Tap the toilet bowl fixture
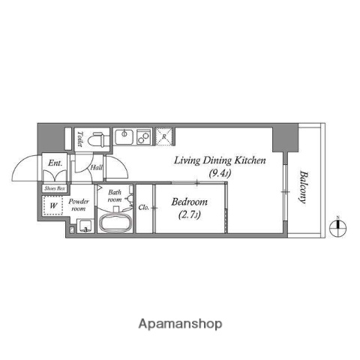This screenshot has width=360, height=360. click(95, 139)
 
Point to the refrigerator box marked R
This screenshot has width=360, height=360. click(166, 136)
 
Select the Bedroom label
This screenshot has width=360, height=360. click(189, 202)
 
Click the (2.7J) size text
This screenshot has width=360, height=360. click(189, 216)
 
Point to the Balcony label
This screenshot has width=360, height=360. click(304, 187)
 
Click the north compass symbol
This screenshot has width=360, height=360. click(338, 227)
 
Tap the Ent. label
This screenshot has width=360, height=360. click(55, 163)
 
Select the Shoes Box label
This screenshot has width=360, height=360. click(55, 188)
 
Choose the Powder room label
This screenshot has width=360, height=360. click(79, 205)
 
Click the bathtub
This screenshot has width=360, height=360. click(115, 223)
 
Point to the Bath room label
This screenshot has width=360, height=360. click(115, 196)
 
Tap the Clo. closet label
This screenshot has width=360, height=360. click(142, 206)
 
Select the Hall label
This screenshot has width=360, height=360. click(97, 167)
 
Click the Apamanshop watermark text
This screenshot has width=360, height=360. click(180, 324)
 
